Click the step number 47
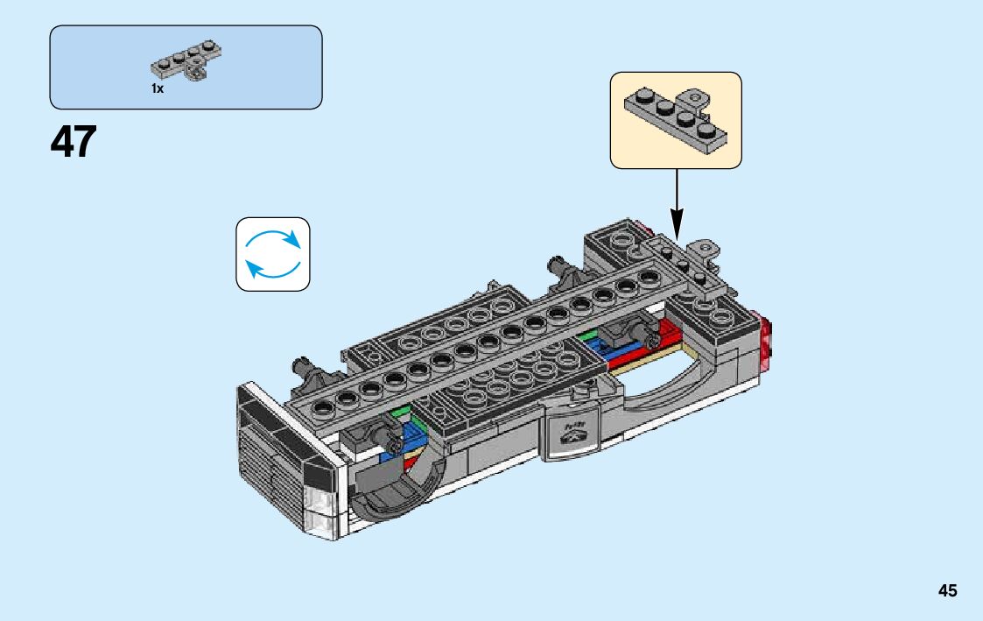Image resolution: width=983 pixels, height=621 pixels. (x=74, y=142)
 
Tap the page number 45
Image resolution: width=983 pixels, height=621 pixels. (x=947, y=591)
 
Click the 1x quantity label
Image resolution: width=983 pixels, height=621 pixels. (x=158, y=88)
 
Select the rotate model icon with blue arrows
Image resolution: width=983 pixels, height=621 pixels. (x=273, y=254)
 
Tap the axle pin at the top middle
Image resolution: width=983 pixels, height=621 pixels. (x=558, y=267)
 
